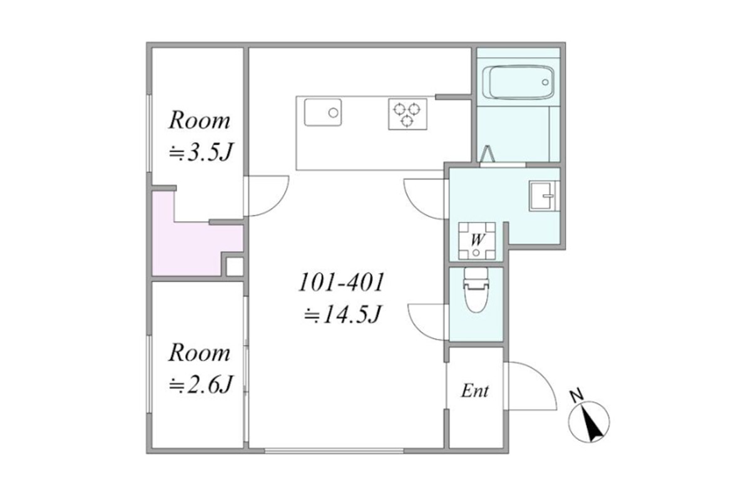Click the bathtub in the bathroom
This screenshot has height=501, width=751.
[518, 82]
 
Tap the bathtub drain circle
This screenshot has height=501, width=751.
[545, 82]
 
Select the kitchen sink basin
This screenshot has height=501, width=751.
[323, 112]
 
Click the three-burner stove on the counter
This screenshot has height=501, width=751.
[407, 114]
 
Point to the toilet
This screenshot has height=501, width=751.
[476, 290]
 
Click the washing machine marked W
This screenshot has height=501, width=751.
[477, 240]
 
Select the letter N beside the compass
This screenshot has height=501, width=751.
[577, 396]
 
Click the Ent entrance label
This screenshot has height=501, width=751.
[475, 391]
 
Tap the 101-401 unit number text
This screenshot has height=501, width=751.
[341, 282]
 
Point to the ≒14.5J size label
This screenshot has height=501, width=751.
[343, 314]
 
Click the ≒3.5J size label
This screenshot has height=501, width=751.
[200, 152]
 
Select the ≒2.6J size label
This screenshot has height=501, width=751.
[200, 385]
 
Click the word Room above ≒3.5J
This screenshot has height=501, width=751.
[200, 120]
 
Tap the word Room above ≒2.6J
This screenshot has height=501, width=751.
[200, 353]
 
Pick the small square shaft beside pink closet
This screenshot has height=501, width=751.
[235, 267]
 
